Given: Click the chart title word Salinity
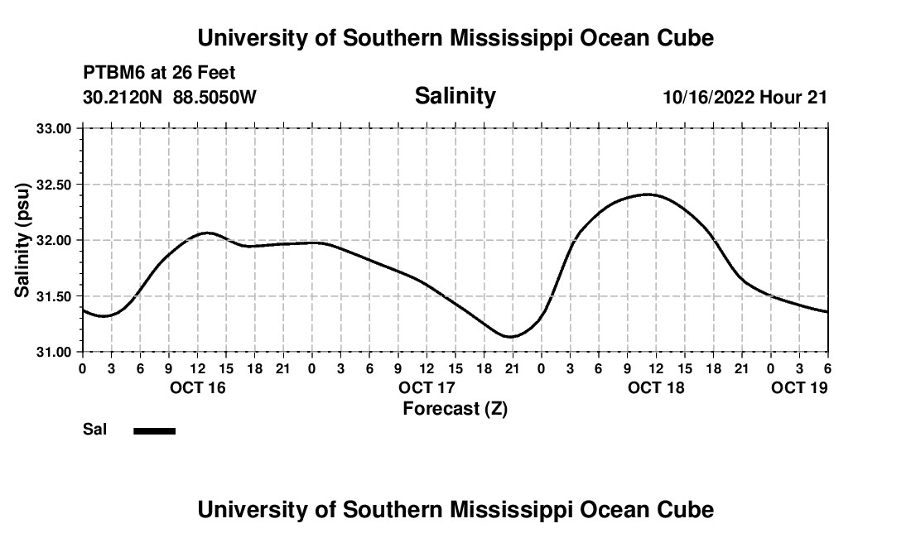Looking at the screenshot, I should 455,96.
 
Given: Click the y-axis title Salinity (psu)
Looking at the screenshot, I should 22,240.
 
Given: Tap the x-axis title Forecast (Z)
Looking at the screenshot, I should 455,408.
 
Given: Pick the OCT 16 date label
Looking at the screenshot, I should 198,387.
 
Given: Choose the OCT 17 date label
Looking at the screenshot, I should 427,387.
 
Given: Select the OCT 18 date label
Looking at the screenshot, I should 657,387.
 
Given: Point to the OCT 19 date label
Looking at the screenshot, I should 799,387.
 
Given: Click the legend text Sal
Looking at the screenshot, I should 94,430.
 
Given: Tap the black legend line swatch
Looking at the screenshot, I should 155,430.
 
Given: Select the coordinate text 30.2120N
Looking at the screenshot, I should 123,97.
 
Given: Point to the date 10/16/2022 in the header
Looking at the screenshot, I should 708,97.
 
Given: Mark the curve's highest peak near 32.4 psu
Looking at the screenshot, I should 648,195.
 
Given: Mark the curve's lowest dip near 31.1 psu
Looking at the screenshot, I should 511,337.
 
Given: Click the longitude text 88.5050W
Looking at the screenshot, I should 214,97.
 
